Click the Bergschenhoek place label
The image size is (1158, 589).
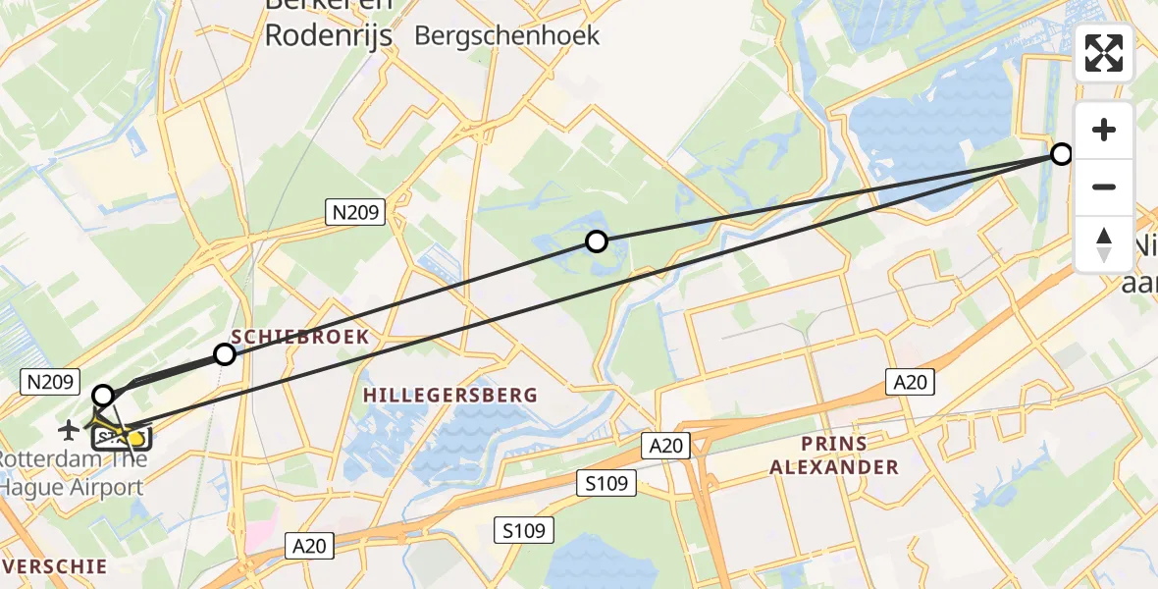(506, 35)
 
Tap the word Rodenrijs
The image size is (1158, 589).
(328, 35)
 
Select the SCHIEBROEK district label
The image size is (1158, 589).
(300, 337)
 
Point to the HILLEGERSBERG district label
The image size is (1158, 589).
(450, 395)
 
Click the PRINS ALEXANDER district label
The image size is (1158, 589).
(834, 455)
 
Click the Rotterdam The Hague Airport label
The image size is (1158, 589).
(75, 472)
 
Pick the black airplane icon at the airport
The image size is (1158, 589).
(69, 429)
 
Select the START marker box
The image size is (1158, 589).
(123, 437)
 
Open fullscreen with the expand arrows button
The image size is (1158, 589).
(1104, 53)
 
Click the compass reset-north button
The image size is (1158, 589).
(1104, 244)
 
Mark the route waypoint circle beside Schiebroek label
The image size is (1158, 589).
(225, 354)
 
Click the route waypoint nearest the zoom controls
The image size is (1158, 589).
(1062, 153)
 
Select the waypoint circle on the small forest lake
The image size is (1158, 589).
(596, 241)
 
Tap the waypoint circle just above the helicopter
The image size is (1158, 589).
(102, 396)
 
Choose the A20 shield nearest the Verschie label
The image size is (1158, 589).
(309, 544)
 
